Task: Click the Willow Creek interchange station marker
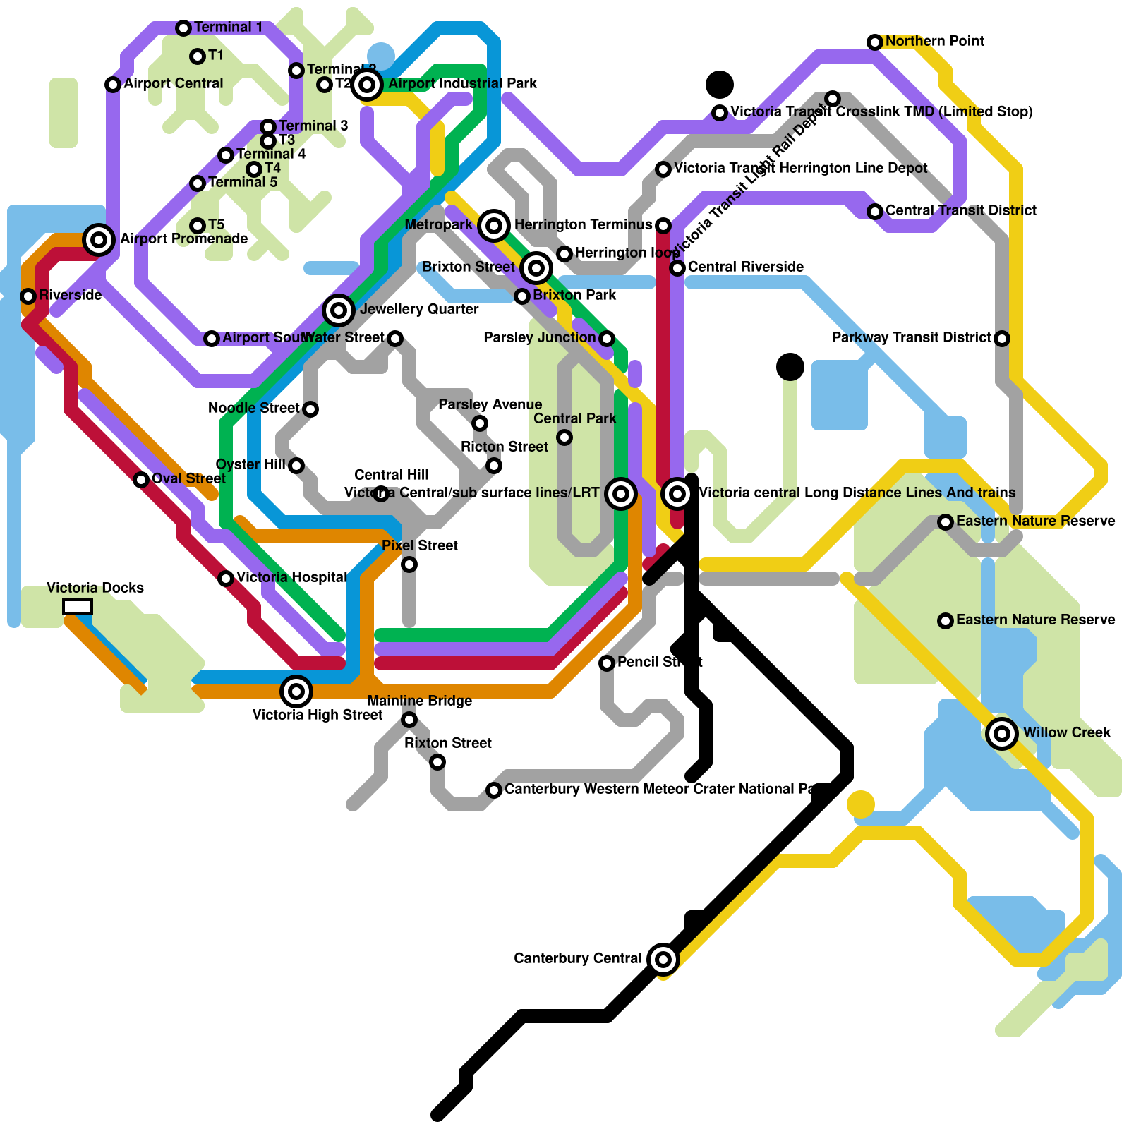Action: point(1002,734)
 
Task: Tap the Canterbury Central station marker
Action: point(663,959)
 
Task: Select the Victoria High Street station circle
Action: point(296,692)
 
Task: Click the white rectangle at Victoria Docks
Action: point(78,607)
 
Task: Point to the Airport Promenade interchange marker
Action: point(99,240)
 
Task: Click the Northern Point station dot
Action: point(875,42)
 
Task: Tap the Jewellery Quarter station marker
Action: point(339,310)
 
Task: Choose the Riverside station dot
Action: point(28,296)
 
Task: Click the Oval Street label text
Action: point(188,478)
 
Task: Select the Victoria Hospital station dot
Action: point(226,579)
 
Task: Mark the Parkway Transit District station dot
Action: point(1002,339)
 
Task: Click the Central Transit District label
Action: point(961,210)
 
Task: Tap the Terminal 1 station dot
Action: point(183,28)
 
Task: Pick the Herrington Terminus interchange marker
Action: point(494,226)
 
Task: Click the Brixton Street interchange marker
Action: point(536,268)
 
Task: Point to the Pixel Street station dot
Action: point(409,564)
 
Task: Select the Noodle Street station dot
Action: point(310,409)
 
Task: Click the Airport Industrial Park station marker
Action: point(367,85)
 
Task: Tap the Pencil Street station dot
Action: point(607,663)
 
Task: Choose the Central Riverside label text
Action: point(745,267)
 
